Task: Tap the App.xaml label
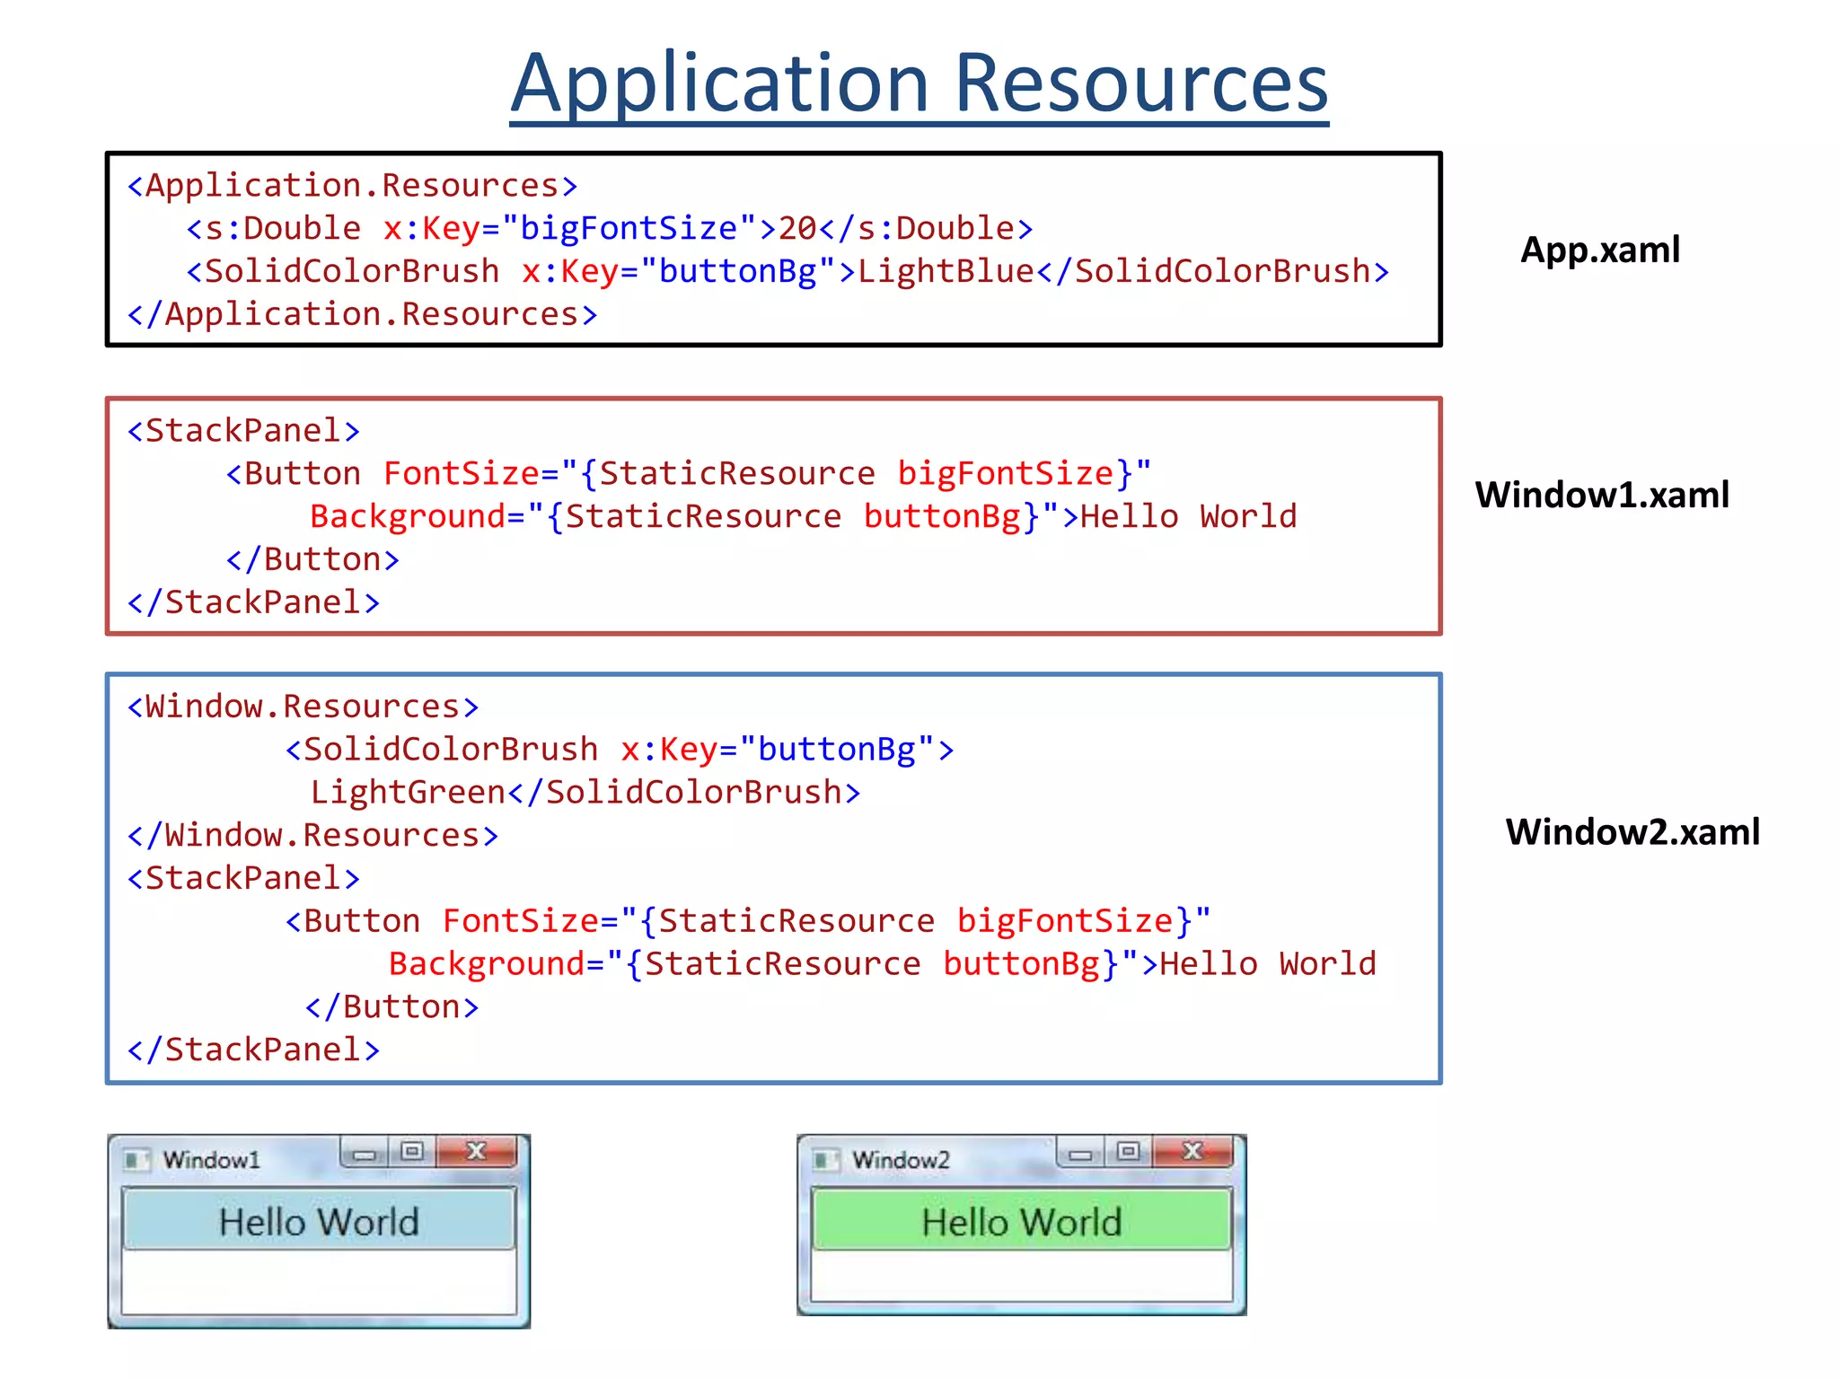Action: [1599, 250]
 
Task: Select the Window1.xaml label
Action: [1602, 495]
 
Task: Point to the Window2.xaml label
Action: [1632, 831]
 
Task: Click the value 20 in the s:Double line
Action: [797, 228]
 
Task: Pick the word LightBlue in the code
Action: [946, 271]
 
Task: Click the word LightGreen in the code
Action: [408, 792]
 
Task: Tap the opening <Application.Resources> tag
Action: [352, 186]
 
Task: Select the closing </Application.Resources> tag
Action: [362, 314]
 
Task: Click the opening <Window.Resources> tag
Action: [303, 707]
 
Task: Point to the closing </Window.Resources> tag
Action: [312, 835]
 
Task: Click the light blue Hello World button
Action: [319, 1220]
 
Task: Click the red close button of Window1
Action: [477, 1152]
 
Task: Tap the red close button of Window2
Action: [1192, 1152]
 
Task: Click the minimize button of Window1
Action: [365, 1154]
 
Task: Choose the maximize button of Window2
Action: [1129, 1152]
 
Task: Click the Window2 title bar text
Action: [901, 1160]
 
